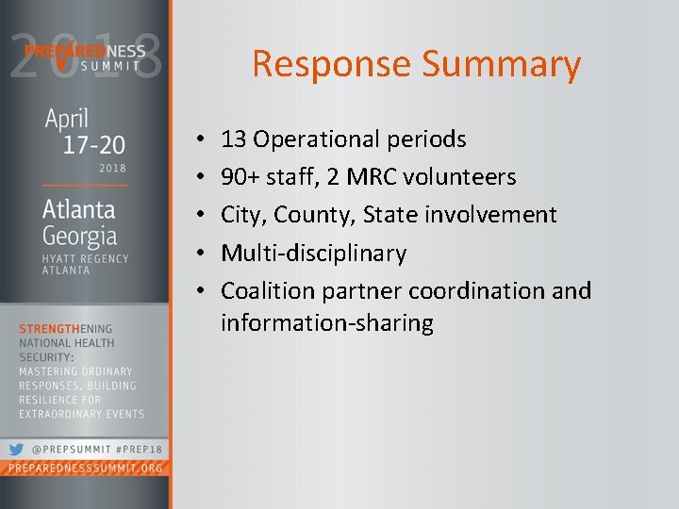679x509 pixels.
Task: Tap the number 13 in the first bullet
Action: (x=234, y=140)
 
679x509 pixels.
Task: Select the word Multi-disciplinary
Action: (x=313, y=254)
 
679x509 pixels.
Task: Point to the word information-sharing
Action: (x=326, y=324)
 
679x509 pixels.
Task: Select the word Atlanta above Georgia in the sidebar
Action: (x=79, y=209)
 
